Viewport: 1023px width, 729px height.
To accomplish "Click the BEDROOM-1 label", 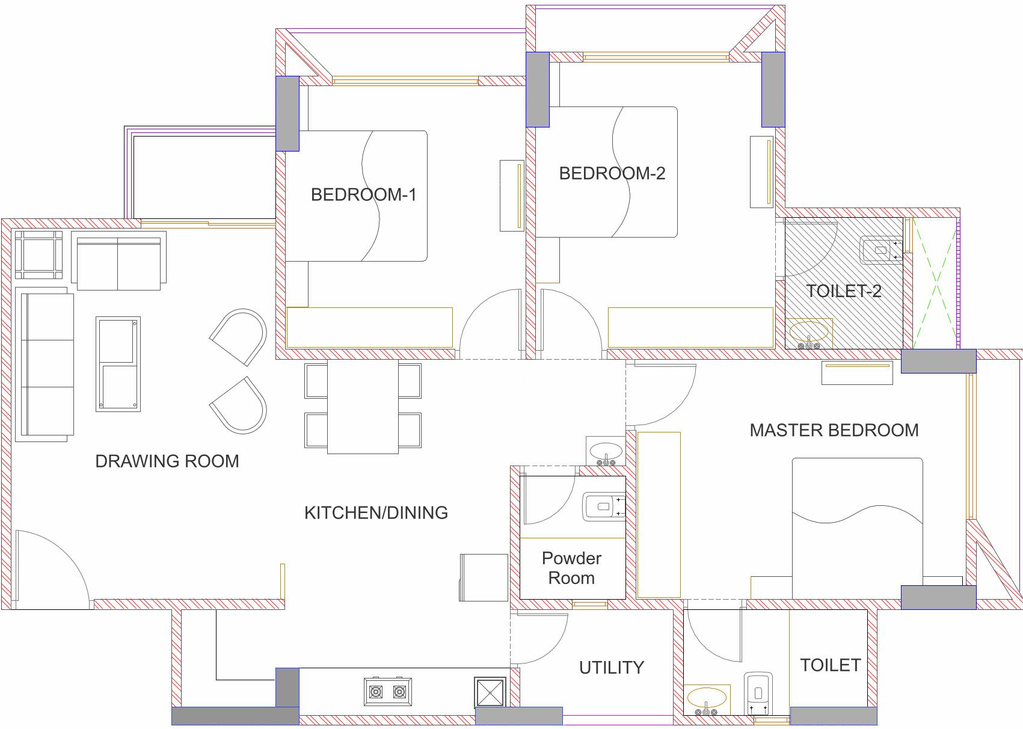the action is tap(363, 195).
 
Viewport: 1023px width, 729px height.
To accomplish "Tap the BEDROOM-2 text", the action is tap(612, 173).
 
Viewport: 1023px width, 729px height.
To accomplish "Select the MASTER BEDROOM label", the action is tap(834, 430).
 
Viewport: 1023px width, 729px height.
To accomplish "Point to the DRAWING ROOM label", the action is tap(167, 461).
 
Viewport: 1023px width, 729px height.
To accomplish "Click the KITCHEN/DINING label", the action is tap(376, 513).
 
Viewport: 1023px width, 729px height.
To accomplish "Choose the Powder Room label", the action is tap(571, 568).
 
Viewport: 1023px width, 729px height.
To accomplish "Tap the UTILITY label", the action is tap(612, 668).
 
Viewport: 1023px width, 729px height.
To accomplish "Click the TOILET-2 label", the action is tap(844, 291).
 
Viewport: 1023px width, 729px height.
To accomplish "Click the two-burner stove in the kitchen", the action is tap(388, 692).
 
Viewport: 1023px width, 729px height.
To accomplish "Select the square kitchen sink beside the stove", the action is tap(490, 692).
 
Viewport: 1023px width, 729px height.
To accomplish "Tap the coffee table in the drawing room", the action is tap(118, 364).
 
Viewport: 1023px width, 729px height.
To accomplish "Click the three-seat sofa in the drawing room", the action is tap(45, 364).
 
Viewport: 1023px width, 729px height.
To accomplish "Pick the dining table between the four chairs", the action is tap(363, 407).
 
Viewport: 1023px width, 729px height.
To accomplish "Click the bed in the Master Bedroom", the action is tap(857, 529).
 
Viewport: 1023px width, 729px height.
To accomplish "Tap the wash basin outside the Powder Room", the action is tap(606, 451).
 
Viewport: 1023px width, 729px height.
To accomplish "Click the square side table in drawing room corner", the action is tap(39, 255).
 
